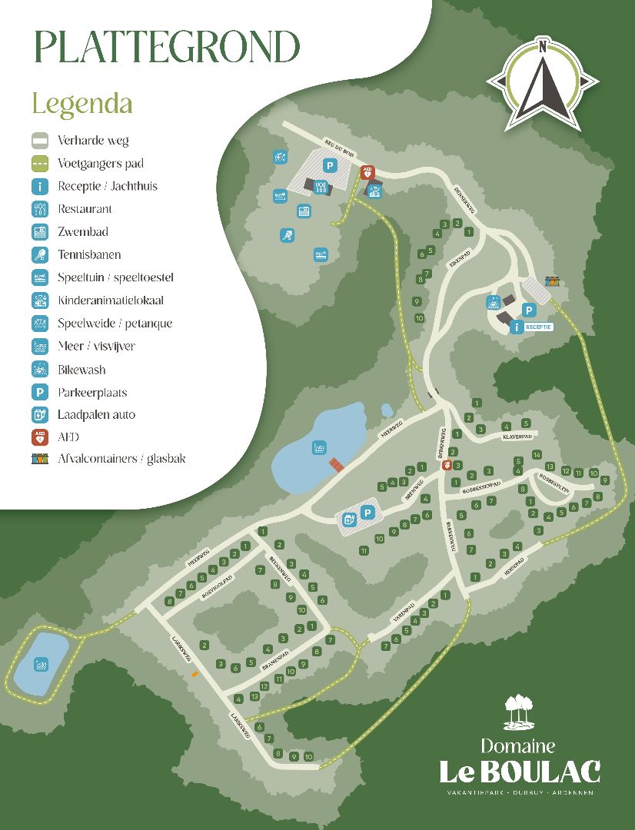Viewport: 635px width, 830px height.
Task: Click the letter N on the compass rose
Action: (543, 46)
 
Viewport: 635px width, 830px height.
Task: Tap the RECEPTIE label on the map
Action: (539, 327)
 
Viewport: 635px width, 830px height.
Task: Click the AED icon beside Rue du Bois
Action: (367, 173)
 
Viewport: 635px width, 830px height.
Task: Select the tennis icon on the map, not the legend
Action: (287, 236)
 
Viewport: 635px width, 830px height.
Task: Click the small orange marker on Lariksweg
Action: (194, 674)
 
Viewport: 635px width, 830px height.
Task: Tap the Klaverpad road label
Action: (517, 436)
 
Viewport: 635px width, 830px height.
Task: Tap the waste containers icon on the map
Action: (551, 282)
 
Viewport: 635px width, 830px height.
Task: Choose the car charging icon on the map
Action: (349, 520)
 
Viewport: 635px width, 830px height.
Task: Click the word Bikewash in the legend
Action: (81, 370)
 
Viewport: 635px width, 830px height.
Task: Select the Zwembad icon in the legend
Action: (40, 231)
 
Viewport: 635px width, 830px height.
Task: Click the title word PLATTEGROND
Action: (166, 48)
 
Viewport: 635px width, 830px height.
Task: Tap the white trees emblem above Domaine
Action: (519, 712)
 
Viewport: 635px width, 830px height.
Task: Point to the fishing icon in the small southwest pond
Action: (42, 662)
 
